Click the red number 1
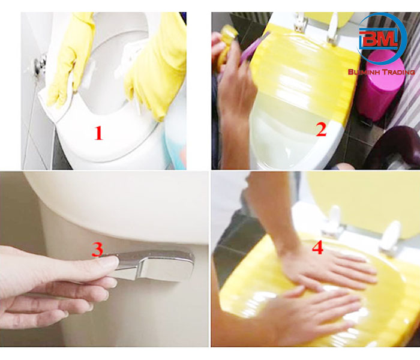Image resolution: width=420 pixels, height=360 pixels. (x=98, y=133)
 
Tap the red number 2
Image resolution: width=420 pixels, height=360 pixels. (x=321, y=130)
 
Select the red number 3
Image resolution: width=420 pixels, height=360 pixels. (x=97, y=250)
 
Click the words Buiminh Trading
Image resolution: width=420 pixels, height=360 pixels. (x=382, y=72)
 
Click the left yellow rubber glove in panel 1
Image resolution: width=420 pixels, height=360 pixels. (x=70, y=59)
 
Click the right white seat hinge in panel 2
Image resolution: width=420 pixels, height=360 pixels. (x=332, y=29)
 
